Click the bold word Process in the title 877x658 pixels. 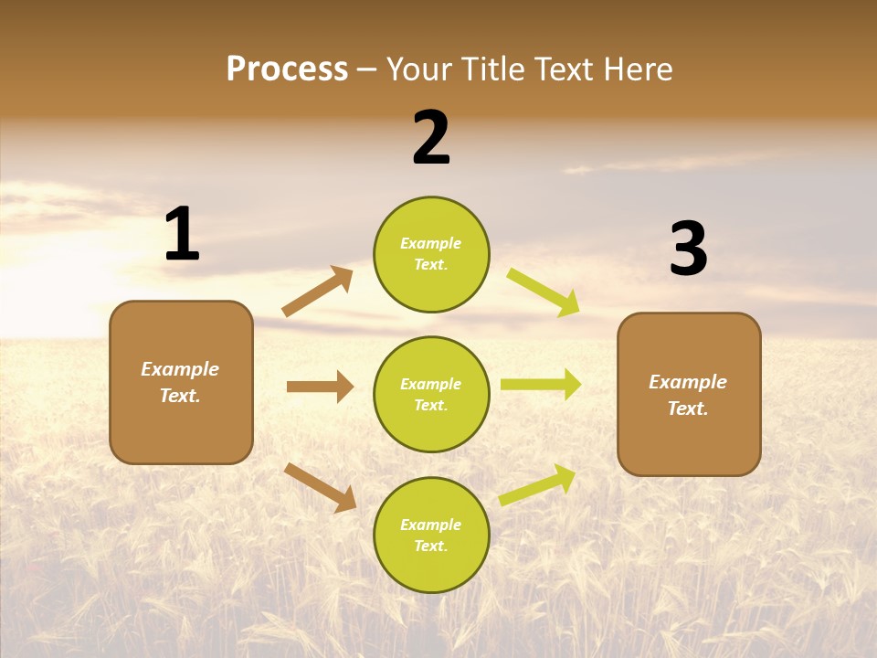pyautogui.click(x=287, y=69)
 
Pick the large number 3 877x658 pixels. pyautogui.click(x=689, y=249)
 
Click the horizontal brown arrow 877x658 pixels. pyautogui.click(x=320, y=387)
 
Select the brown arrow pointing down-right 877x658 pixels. pyautogui.click(x=321, y=487)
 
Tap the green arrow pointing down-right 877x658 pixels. pyautogui.click(x=544, y=292)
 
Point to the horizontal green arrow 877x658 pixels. pyautogui.click(x=541, y=385)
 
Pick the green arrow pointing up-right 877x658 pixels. pyautogui.click(x=538, y=485)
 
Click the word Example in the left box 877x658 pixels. pyautogui.click(x=180, y=369)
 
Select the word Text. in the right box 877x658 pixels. pyautogui.click(x=688, y=409)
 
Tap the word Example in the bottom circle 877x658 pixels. pyautogui.click(x=431, y=525)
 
